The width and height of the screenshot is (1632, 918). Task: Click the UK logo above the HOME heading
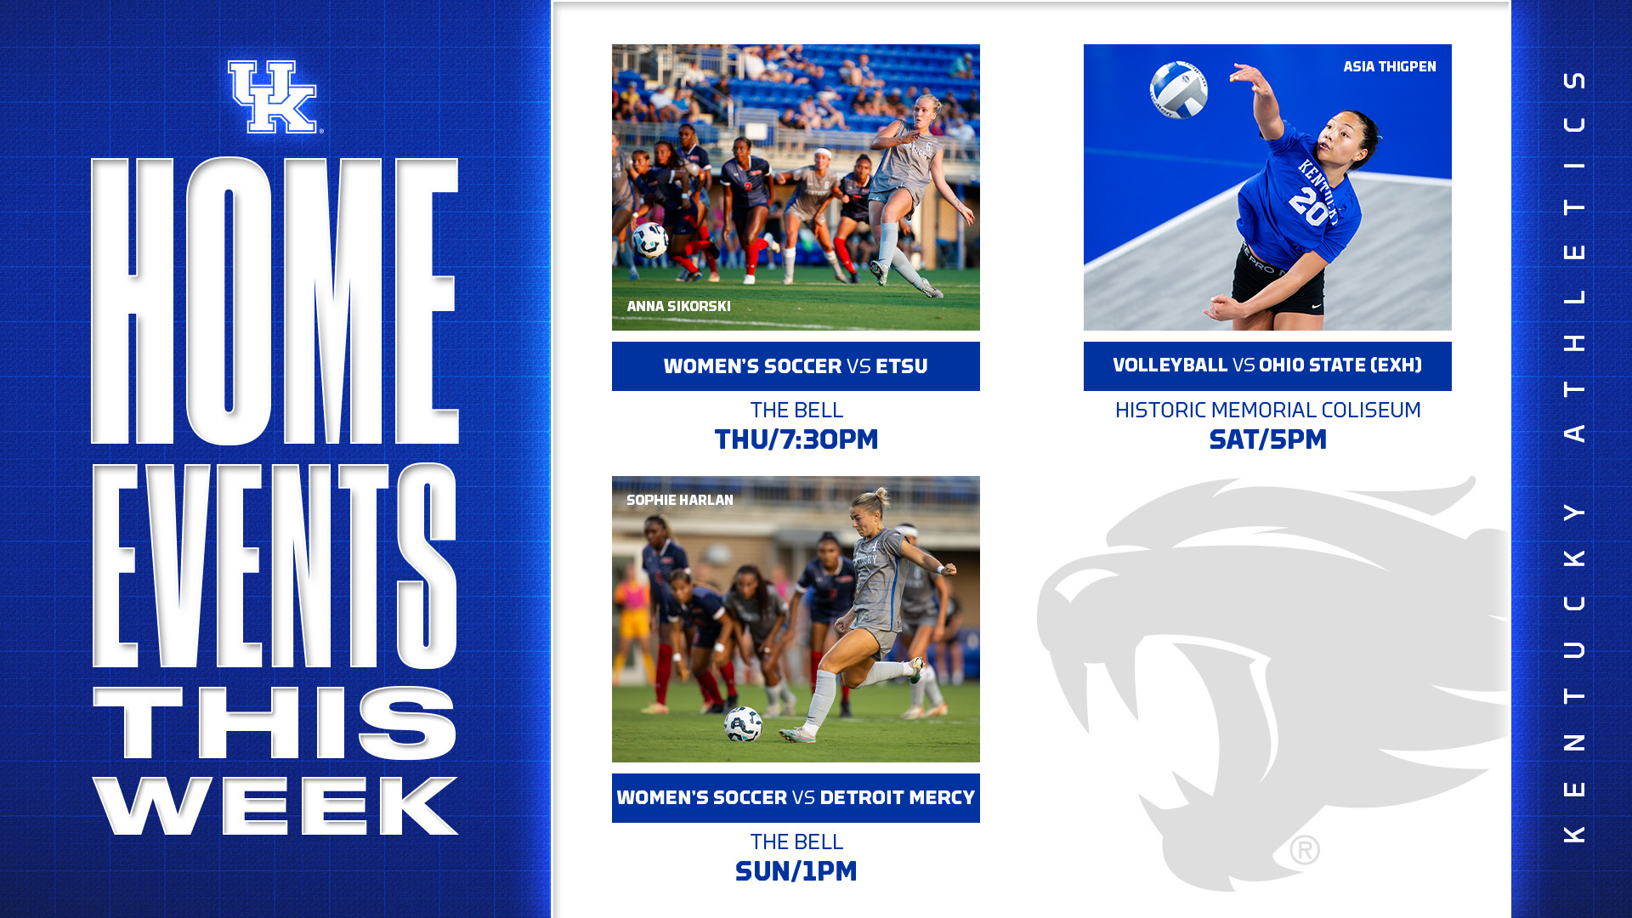(x=273, y=97)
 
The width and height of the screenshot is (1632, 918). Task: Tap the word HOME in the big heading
(x=275, y=301)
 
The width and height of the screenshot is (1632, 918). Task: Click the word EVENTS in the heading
(x=275, y=566)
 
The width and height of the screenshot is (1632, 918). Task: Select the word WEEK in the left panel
(x=275, y=806)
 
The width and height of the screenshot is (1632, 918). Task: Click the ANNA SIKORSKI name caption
(x=678, y=306)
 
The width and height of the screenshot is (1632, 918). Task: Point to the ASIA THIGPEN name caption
(x=1390, y=66)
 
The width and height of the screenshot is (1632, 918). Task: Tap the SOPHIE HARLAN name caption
(x=680, y=500)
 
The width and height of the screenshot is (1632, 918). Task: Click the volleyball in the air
(x=1179, y=89)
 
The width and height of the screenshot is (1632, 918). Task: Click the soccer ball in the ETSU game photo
(x=650, y=240)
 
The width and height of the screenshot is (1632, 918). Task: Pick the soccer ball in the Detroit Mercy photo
(x=743, y=724)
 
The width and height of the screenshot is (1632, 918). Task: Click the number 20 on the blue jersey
(x=1308, y=207)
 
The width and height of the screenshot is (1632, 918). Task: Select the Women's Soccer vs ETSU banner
(x=796, y=366)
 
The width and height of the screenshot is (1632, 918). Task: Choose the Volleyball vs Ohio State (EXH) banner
(x=1267, y=366)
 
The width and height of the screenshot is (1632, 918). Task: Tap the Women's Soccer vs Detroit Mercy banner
(x=796, y=798)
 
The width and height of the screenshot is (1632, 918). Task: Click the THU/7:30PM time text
(x=796, y=439)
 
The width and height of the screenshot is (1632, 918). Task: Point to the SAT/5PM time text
(x=1267, y=439)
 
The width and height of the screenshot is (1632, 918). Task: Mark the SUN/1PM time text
(x=796, y=871)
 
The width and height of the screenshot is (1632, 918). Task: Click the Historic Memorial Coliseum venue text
(x=1267, y=410)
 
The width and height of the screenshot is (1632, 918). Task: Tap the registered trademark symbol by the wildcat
(x=1305, y=849)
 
